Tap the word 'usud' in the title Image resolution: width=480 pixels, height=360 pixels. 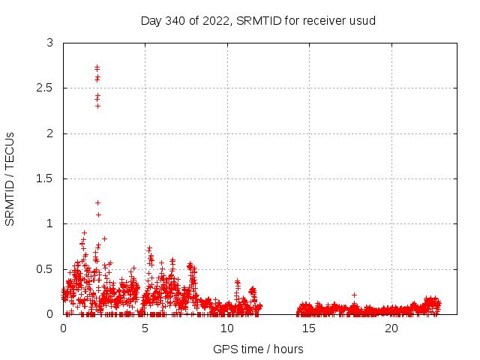pyautogui.click(x=364, y=20)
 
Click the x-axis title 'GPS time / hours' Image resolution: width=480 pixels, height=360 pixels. pyautogui.click(x=258, y=349)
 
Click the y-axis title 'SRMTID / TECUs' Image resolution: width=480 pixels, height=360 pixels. pyautogui.click(x=10, y=178)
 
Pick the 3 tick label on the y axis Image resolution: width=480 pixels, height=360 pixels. pyautogui.click(x=49, y=43)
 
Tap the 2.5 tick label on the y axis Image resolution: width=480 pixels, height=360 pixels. pyautogui.click(x=45, y=88)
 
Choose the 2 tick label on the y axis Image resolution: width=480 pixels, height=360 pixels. pyautogui.click(x=49, y=133)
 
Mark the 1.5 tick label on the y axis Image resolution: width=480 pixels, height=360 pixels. pyautogui.click(x=45, y=178)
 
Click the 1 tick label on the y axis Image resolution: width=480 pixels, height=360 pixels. pyautogui.click(x=49, y=223)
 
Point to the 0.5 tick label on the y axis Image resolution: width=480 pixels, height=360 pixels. pyautogui.click(x=45, y=269)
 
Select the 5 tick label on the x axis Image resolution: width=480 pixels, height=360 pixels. pyautogui.click(x=145, y=328)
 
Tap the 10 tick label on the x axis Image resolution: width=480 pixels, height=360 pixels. pyautogui.click(x=227, y=328)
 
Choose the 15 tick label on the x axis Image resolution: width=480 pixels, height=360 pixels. pyautogui.click(x=310, y=328)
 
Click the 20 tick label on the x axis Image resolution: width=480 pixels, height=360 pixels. pyautogui.click(x=391, y=328)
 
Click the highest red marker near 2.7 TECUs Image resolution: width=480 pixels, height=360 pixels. pyautogui.click(x=97, y=67)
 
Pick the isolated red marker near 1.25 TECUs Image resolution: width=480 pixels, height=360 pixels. pyautogui.click(x=97, y=202)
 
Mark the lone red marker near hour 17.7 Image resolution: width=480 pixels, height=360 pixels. pyautogui.click(x=354, y=295)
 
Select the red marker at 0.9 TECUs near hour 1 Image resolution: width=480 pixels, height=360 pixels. pyautogui.click(x=84, y=232)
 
